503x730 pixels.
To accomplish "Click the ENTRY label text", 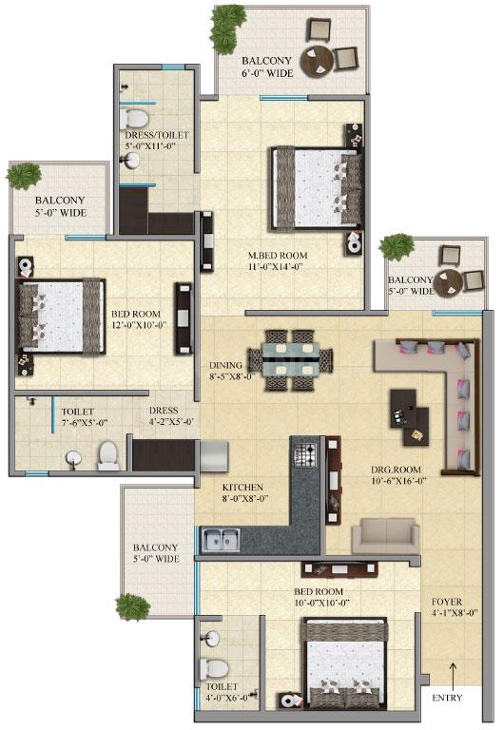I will (447, 699).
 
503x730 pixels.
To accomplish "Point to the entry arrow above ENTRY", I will (454, 672).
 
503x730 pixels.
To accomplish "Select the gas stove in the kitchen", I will (305, 453).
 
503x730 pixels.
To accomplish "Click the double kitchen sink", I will (218, 539).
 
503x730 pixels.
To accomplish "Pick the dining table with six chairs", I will (290, 360).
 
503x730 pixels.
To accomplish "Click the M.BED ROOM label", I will (277, 255).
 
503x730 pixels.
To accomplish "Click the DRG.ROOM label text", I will (396, 470).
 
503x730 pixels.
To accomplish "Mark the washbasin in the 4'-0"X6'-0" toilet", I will (211, 638).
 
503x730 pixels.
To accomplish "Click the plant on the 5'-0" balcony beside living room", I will (396, 247).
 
